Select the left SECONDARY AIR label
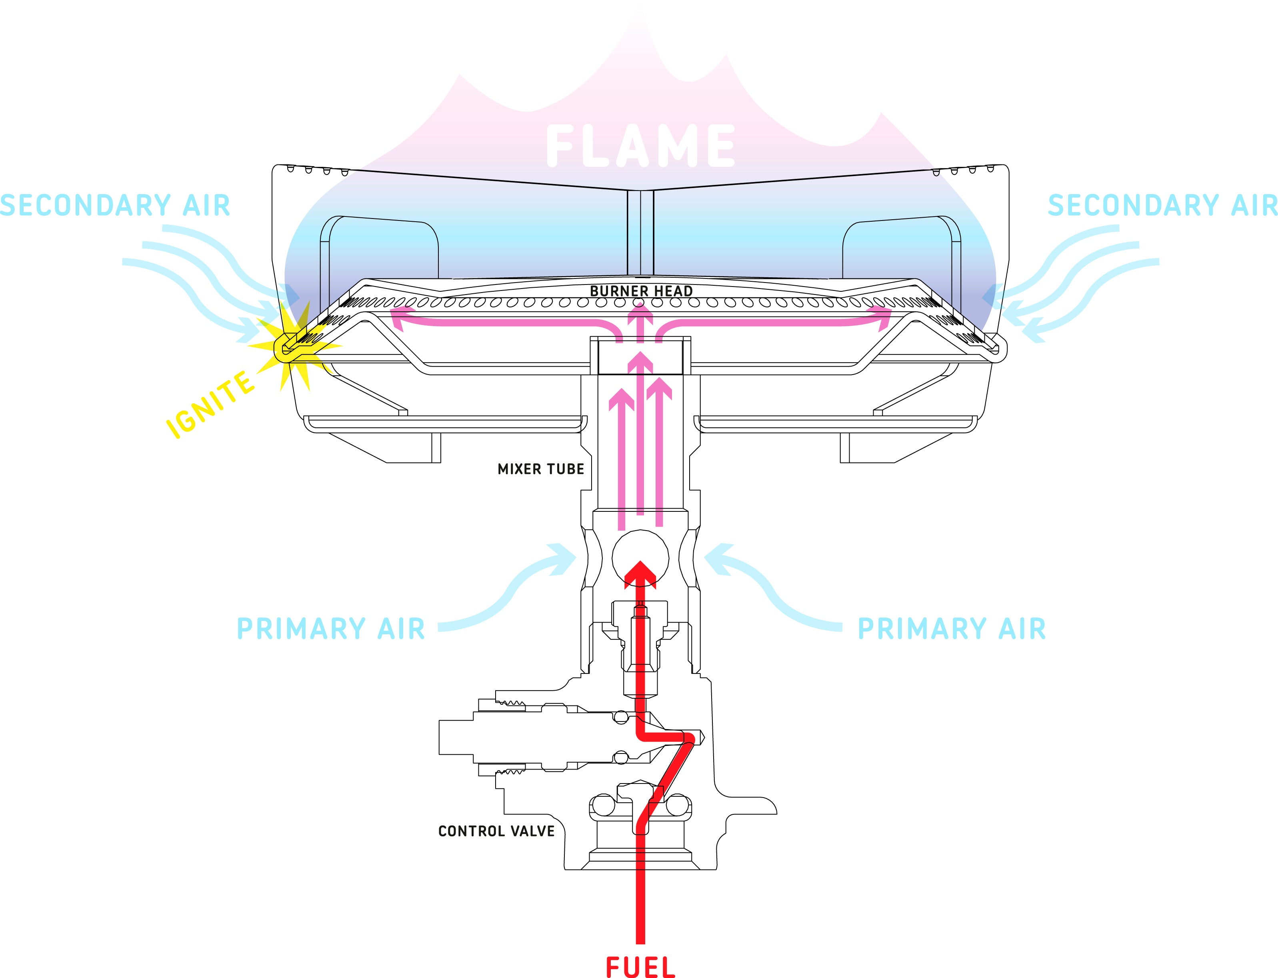[x=115, y=206]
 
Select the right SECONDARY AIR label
[x=1162, y=206]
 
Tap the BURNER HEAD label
[x=641, y=291]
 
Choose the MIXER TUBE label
[x=541, y=469]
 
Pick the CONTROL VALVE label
[x=496, y=831]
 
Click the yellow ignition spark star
[x=291, y=348]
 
